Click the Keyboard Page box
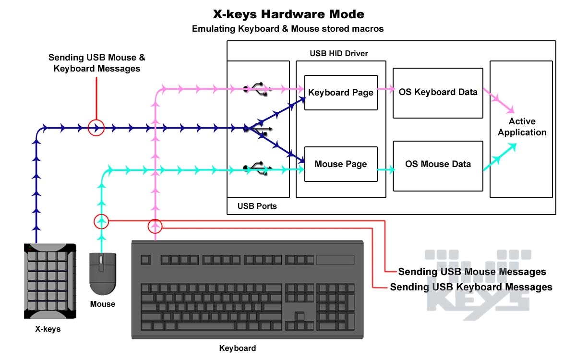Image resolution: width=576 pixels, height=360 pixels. coord(341,93)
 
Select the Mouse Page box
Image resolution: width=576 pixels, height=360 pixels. coord(341,164)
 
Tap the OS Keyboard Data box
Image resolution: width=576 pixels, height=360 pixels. coord(438,93)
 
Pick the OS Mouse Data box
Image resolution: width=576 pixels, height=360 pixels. coord(438,164)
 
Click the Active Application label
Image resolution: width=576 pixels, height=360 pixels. coord(522,127)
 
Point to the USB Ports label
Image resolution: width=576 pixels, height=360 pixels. coord(257,206)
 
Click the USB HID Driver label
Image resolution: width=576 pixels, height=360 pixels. coord(339,53)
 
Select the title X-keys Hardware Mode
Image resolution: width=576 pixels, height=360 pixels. coord(288,14)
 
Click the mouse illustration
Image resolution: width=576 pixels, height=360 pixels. coord(102,273)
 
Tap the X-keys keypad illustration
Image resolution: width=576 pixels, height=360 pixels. coord(50,281)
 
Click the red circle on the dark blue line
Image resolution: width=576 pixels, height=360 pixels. coord(96,128)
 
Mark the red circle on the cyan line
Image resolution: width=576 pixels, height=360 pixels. coord(101,221)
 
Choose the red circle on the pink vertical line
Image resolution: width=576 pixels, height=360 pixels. coord(155,226)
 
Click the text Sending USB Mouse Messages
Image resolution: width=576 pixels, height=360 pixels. coord(472,272)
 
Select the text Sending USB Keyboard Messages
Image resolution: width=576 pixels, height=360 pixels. coord(471,287)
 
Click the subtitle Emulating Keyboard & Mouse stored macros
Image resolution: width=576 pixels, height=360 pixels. coord(288,29)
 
